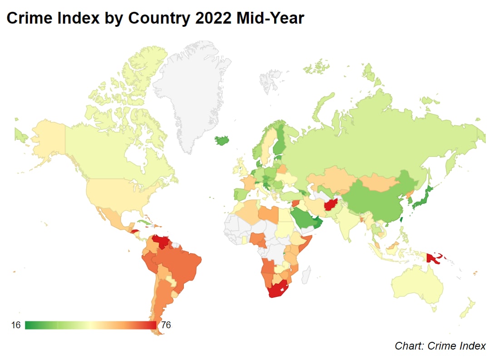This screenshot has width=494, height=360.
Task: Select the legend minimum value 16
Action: [16, 325]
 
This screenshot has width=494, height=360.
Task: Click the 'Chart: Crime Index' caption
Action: [440, 346]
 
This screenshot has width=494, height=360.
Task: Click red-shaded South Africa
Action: [276, 291]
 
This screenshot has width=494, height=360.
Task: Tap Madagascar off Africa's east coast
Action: [306, 274]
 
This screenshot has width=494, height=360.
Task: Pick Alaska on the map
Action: [45, 136]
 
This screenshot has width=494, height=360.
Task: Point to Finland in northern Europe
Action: [281, 138]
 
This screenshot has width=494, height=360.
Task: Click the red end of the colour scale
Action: [152, 325]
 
